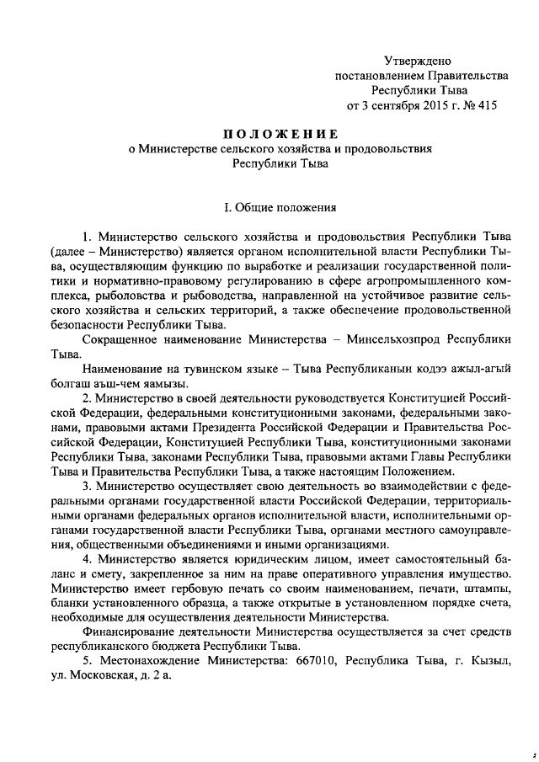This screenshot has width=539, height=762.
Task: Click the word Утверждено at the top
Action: pos(418,61)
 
